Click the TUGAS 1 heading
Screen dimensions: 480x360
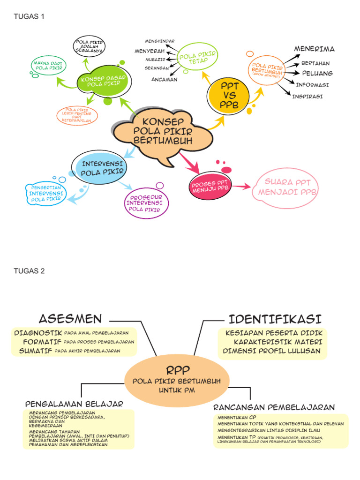tap(29, 17)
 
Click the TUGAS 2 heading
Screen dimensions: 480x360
tap(29, 271)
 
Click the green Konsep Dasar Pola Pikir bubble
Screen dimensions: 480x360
tap(101, 81)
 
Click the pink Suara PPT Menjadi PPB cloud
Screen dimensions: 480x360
tap(285, 187)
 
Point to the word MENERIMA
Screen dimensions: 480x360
tap(314, 49)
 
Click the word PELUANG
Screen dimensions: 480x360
tap(317, 74)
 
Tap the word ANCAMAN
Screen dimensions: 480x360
tap(164, 79)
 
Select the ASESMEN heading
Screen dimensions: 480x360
tap(70, 319)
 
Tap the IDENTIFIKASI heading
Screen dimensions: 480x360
tap(275, 319)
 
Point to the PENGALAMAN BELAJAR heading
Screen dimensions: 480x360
tap(74, 404)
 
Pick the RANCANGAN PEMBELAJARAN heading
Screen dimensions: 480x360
tap(274, 407)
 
